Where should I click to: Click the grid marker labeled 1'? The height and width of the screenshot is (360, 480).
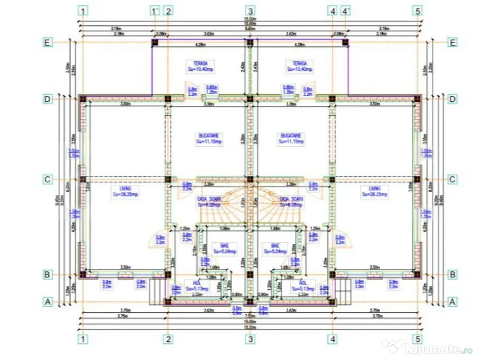155,10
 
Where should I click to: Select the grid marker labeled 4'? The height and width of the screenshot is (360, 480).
346,10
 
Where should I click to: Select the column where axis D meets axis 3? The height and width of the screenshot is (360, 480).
250,99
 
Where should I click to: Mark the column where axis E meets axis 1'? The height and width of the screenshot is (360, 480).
155,42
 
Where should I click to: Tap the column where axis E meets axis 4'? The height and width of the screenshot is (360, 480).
345,42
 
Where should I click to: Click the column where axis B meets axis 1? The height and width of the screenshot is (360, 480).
83,275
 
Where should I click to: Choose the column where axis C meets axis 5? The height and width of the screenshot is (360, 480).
417,179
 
